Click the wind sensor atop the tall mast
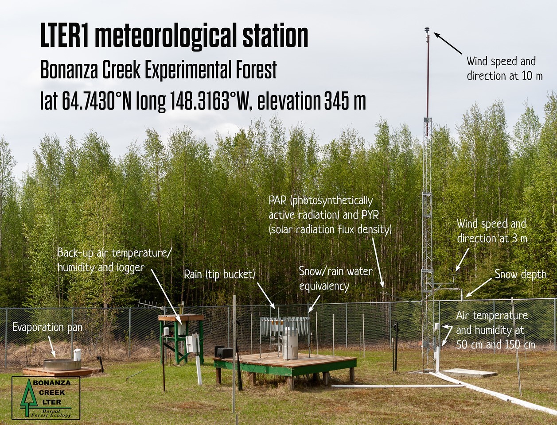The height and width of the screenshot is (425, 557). (x=427, y=30)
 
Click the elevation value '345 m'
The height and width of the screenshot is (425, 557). (x=345, y=101)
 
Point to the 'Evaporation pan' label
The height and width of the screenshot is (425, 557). (x=47, y=328)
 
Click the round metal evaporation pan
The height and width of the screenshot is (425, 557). (x=62, y=365)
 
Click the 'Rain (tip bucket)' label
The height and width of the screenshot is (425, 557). (x=219, y=274)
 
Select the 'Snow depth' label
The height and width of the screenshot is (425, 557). (x=521, y=274)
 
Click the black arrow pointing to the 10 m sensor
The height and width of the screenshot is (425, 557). (x=448, y=43)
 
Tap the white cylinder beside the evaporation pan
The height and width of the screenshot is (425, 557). (x=77, y=355)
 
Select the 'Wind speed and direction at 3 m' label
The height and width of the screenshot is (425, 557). (x=492, y=232)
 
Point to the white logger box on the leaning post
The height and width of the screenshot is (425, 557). (x=192, y=344)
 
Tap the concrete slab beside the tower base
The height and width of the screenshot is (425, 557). (x=469, y=373)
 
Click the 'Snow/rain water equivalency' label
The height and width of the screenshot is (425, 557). (x=336, y=279)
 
